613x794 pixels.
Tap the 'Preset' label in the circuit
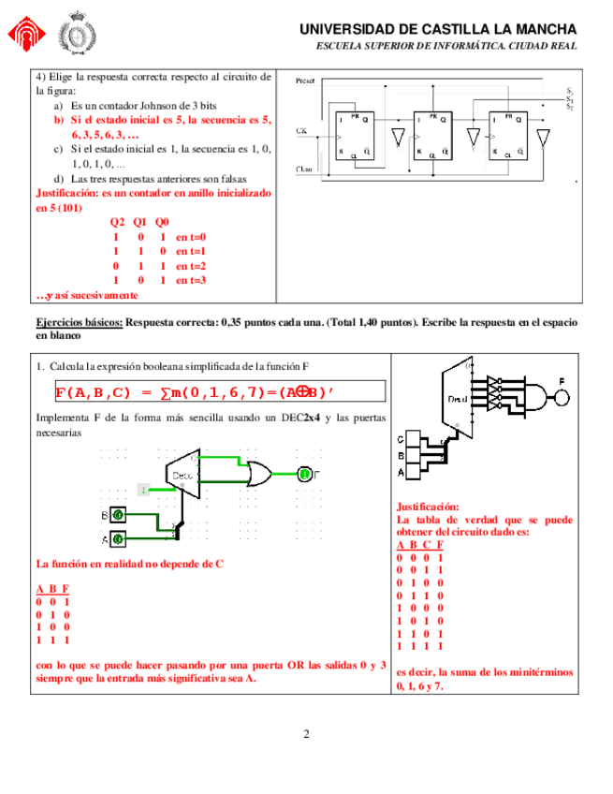coord(305,81)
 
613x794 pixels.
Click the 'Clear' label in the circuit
coord(304,169)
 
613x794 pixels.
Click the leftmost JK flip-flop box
coord(356,136)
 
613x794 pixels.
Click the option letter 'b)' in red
coord(58,121)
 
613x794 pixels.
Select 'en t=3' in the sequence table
coord(190,280)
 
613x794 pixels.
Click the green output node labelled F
coord(305,475)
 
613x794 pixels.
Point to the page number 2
coord(306,733)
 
